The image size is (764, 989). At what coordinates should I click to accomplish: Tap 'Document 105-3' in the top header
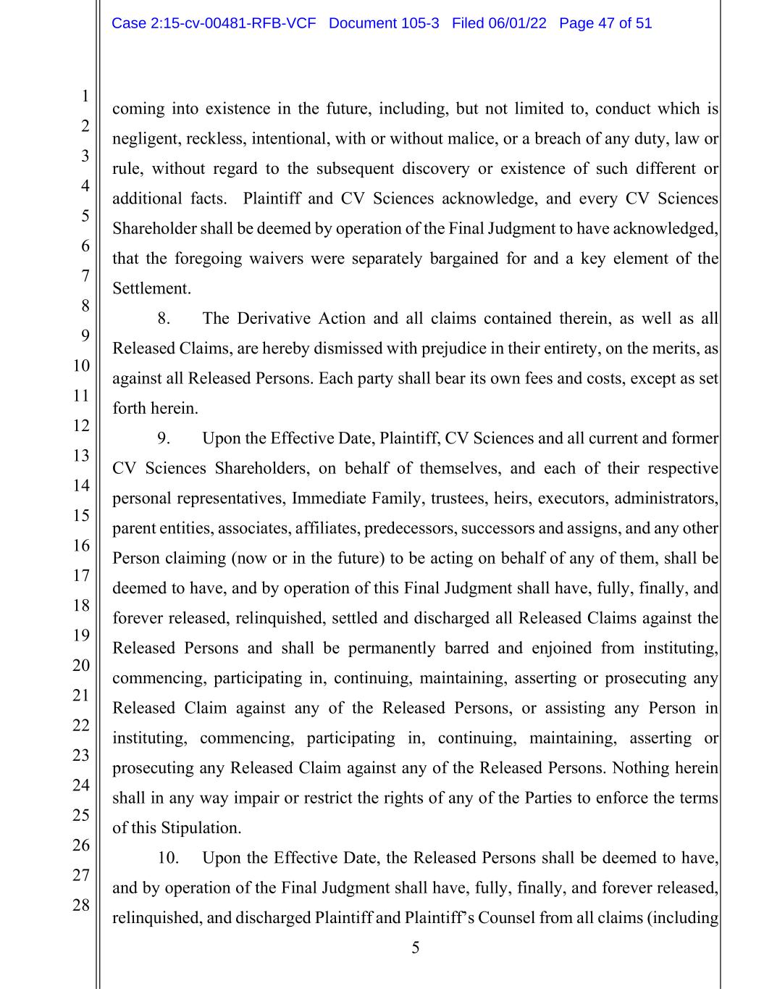coord(384,23)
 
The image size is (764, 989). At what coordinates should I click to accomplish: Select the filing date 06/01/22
coord(518,23)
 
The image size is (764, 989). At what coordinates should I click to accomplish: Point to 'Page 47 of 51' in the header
coord(605,23)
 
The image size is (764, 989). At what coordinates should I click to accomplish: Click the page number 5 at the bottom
coord(415,948)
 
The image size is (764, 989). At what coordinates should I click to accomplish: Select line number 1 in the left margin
coord(85,96)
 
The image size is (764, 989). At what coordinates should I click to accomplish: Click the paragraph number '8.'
coord(164,319)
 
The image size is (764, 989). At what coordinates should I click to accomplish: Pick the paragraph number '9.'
coord(164,438)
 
